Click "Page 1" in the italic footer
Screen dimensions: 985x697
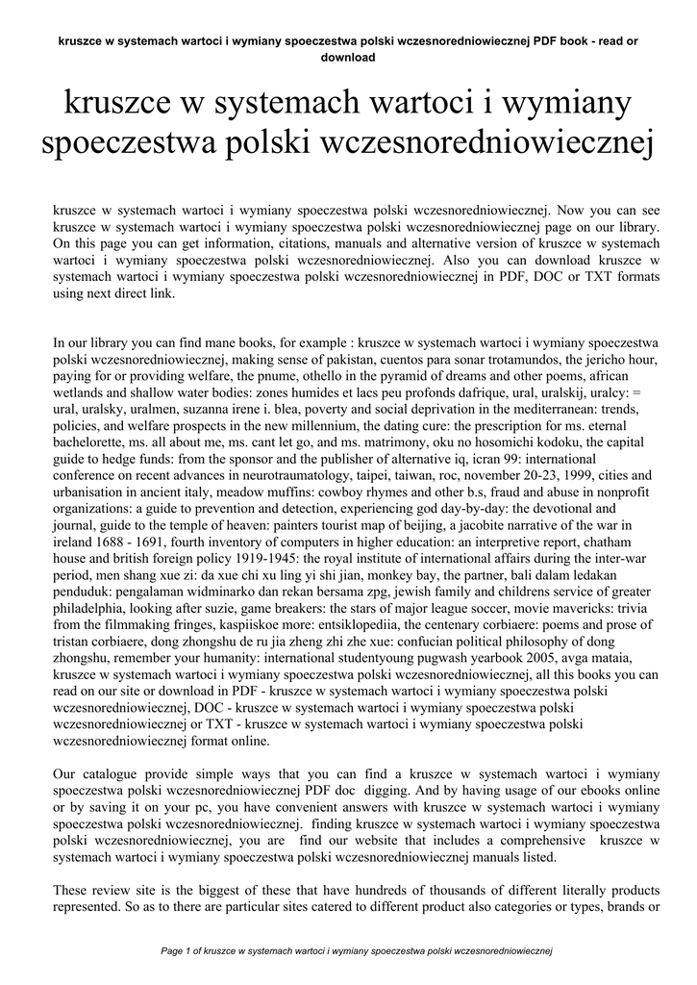(181, 952)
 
